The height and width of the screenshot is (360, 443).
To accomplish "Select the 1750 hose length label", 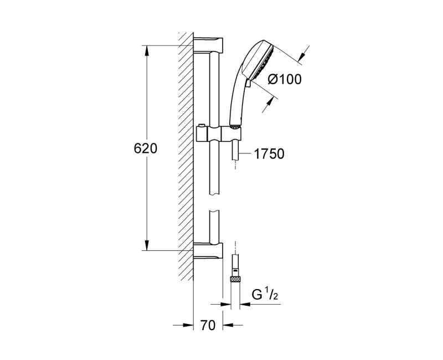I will (x=269, y=155).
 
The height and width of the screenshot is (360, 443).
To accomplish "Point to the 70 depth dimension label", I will (x=207, y=326).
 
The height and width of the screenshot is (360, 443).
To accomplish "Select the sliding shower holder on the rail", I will (x=219, y=134).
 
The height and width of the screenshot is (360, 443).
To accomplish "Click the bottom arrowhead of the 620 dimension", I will (x=147, y=245).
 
